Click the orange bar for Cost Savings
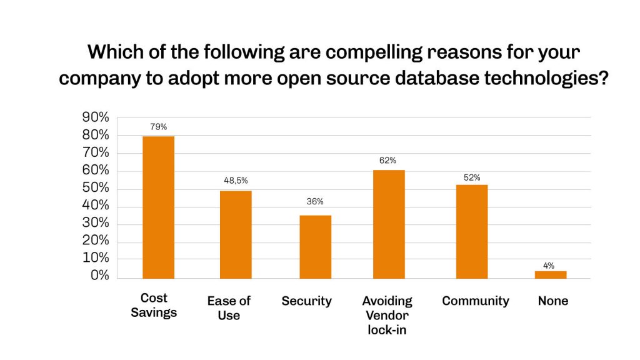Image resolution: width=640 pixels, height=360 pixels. pos(158,207)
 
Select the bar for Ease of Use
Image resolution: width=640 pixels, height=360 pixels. pos(236,234)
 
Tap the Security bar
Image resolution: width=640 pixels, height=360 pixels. pos(315,247)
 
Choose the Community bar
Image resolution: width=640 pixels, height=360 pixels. pos(472,231)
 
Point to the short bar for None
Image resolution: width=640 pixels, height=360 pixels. pos(551,274)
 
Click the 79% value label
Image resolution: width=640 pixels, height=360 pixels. pos(158,127)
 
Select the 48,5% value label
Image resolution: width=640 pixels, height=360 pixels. pos(236,181)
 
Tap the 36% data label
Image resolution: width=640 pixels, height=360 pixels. pos(315,202)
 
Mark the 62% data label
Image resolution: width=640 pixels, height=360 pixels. pos(387,161)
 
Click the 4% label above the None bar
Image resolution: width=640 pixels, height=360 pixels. pos(549,266)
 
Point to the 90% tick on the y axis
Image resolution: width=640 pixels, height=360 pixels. pos(96,117)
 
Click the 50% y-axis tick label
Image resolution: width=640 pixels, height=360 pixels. pos(96,188)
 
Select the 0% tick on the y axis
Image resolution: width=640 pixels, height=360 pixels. pos(99,276)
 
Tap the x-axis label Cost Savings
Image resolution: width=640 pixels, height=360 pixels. pos(154,305)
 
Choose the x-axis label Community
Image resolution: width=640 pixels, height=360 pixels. pos(476,301)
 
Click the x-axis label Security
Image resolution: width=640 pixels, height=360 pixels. pos(306,301)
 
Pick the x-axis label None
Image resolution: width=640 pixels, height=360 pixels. pos(553,301)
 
